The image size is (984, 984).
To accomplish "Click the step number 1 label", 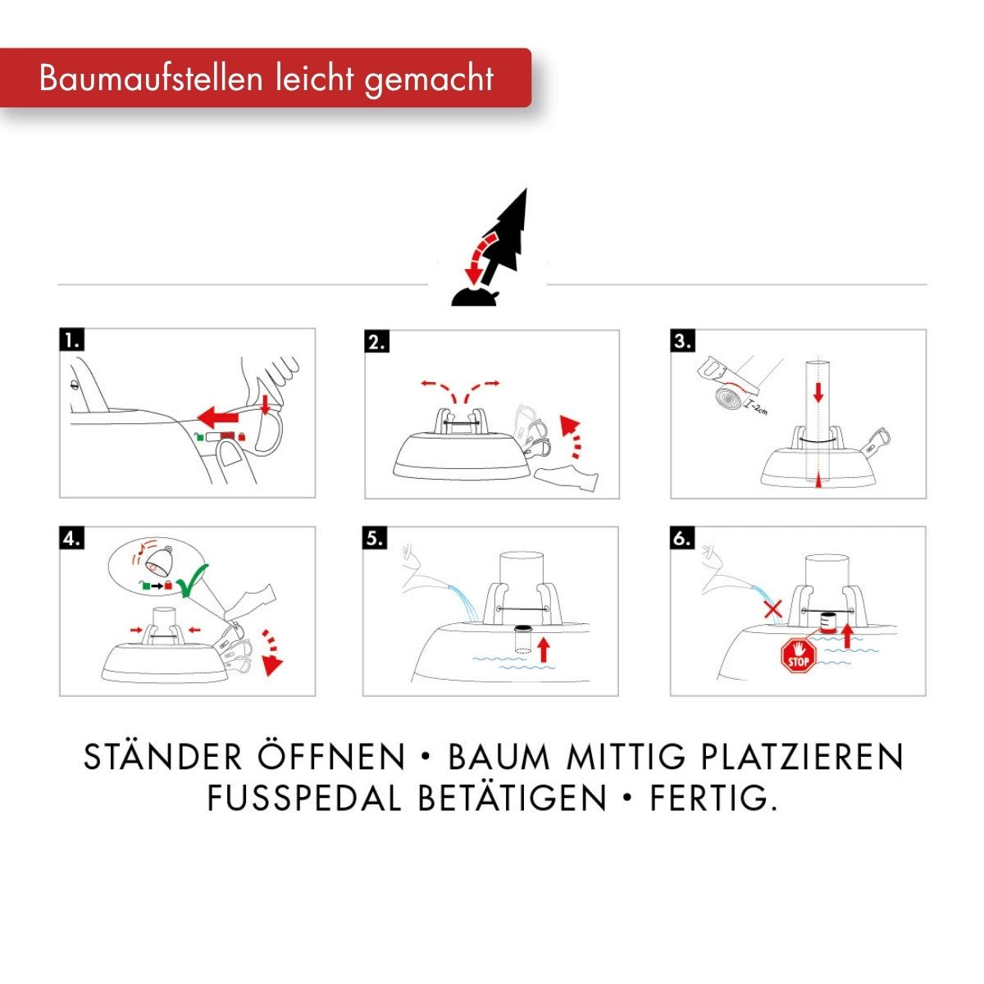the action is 72,340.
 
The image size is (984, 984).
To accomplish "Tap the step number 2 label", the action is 377,342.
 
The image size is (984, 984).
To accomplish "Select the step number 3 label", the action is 683,340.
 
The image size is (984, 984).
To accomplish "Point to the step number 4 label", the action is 72,538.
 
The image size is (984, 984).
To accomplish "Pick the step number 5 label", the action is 376,538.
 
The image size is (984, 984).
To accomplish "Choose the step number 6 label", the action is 683,538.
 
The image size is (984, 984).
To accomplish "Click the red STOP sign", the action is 799,655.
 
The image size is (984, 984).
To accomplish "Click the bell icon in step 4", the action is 159,560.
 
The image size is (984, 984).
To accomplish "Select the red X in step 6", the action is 772,608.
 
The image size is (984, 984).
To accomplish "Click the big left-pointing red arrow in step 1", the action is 218,417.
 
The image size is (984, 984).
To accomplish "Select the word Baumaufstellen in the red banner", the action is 151,79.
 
